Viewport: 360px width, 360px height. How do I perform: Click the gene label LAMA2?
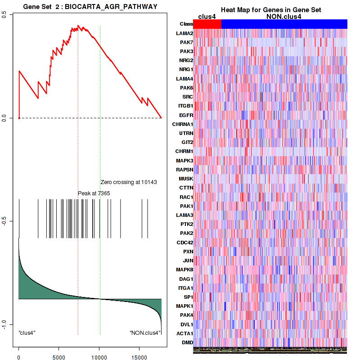(x=186, y=33)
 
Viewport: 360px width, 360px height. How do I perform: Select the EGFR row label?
(x=186, y=115)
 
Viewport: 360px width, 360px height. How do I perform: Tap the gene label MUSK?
(x=186, y=179)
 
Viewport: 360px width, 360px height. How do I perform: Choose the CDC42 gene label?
(x=185, y=242)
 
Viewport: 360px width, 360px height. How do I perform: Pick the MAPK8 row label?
(x=185, y=270)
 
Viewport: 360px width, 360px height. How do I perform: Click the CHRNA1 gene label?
(x=183, y=124)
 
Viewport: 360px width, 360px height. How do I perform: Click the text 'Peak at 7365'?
(x=94, y=193)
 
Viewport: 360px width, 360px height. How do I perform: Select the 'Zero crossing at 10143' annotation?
(x=128, y=182)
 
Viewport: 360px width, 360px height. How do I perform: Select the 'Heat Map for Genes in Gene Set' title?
(x=270, y=10)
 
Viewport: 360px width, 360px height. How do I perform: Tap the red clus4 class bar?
(x=207, y=24)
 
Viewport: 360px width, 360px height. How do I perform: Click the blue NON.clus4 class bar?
(x=284, y=24)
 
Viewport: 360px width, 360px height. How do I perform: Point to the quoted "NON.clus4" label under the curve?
(x=144, y=333)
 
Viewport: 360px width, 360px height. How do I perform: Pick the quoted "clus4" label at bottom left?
(x=27, y=333)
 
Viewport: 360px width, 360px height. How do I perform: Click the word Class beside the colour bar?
(x=186, y=24)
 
